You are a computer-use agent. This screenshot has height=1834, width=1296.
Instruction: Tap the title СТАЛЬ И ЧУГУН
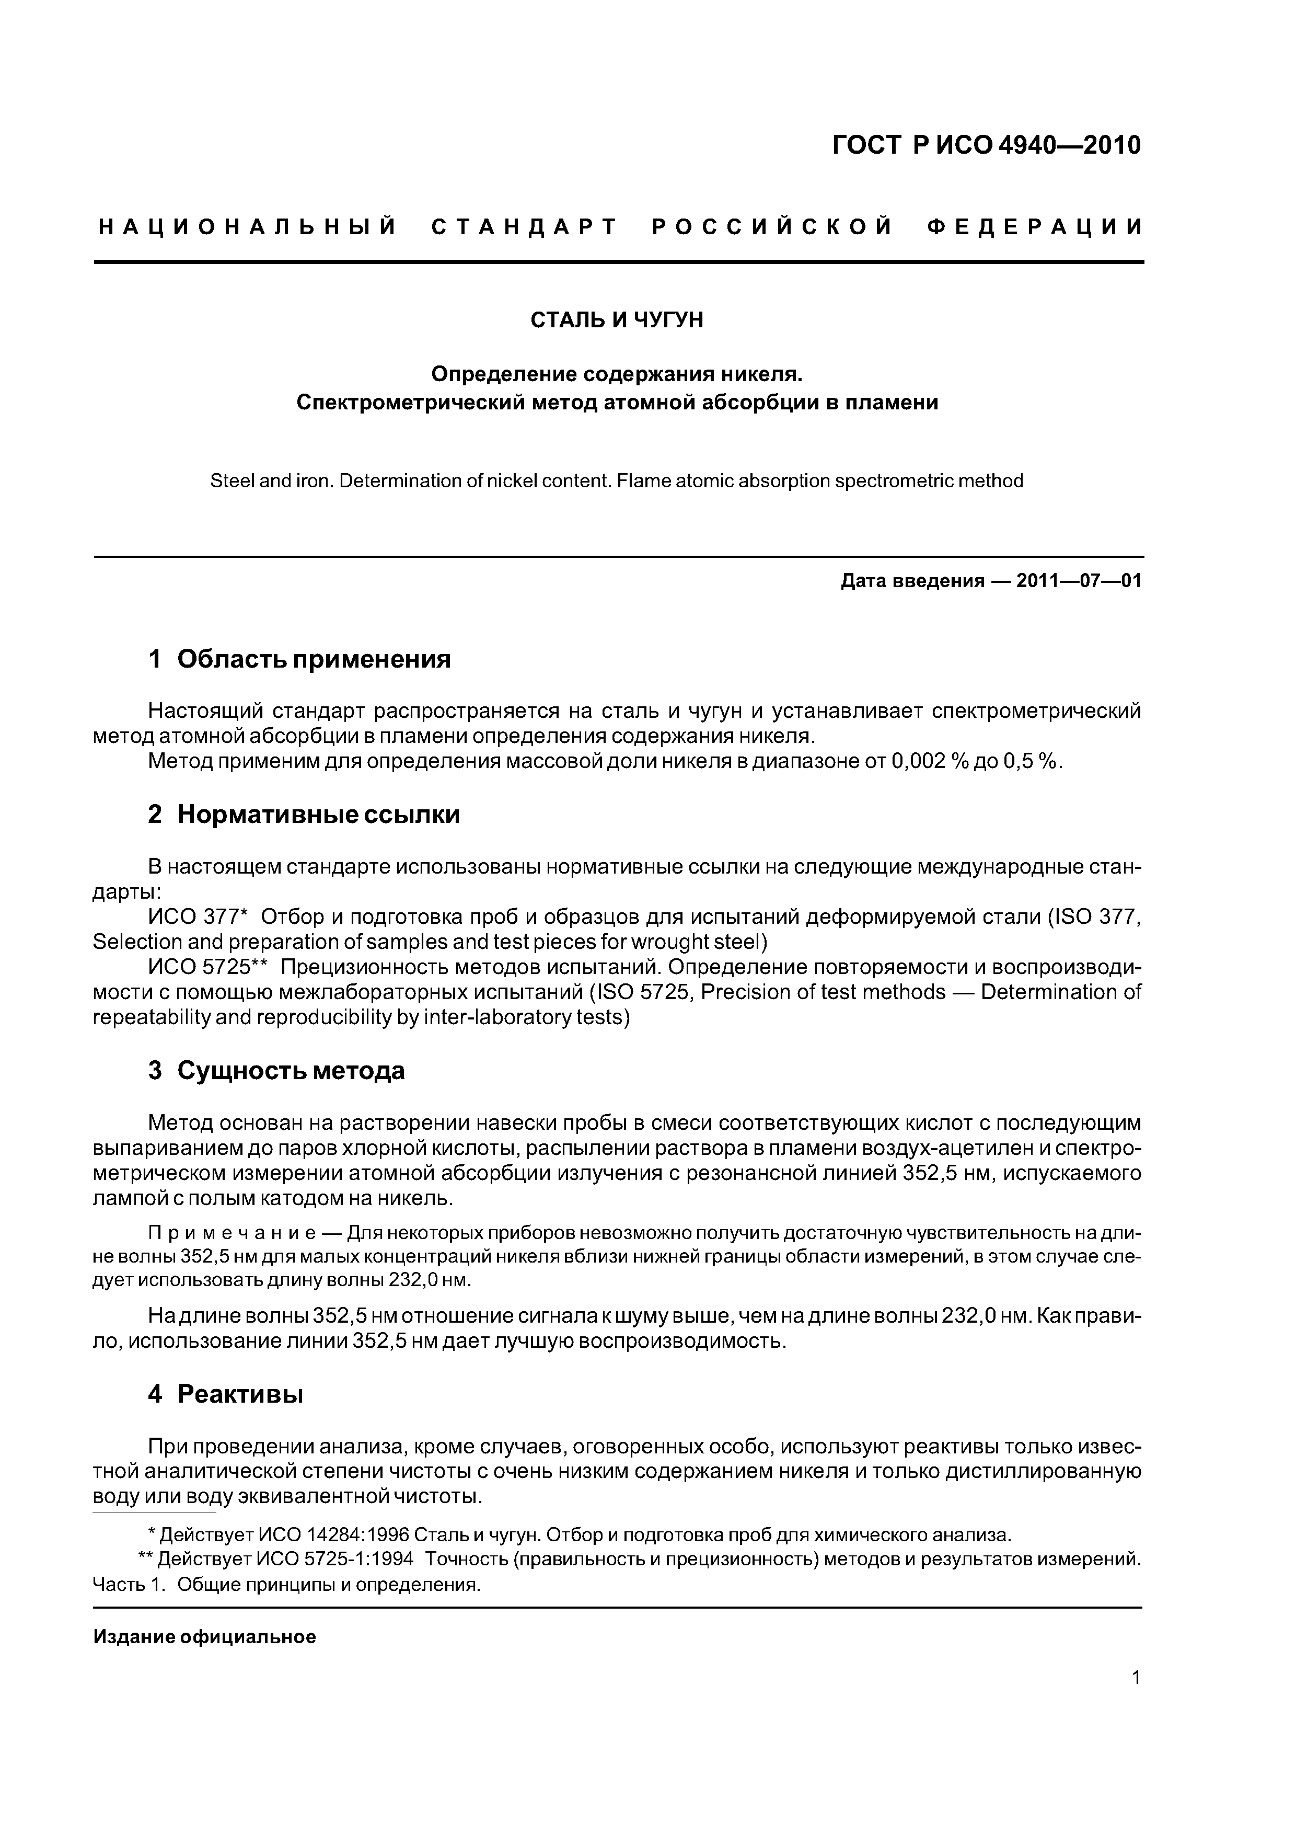(x=617, y=320)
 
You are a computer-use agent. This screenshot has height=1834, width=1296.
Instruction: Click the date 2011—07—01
(x=1079, y=581)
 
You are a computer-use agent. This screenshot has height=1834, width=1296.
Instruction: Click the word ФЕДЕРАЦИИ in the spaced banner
(x=1035, y=227)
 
